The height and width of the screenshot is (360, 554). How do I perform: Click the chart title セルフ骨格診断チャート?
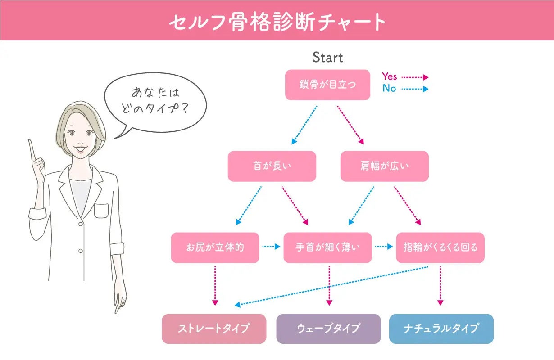point(277,22)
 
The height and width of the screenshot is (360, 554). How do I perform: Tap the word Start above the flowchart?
point(327,58)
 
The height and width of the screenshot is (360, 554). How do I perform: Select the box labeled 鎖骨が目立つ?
point(327,85)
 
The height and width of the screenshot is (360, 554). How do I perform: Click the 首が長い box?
point(272,166)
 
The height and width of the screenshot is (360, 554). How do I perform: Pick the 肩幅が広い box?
point(384,166)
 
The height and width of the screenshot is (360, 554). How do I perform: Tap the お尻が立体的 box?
point(215,247)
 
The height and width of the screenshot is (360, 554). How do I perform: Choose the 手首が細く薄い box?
point(327,247)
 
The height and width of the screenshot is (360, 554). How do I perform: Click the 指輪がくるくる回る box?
point(440,247)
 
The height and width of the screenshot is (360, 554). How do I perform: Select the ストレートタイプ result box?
point(213,328)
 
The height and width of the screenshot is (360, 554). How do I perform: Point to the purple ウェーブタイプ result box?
point(328,328)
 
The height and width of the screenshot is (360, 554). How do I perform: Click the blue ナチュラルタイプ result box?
point(441,328)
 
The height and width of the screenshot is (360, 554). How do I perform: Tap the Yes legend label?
point(389,76)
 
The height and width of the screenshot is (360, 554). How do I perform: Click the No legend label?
point(389,89)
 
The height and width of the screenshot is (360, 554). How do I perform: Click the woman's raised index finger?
point(31,148)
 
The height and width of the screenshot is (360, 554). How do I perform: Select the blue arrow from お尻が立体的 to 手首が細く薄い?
point(271,247)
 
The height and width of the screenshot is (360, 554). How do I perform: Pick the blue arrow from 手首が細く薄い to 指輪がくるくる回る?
point(384,247)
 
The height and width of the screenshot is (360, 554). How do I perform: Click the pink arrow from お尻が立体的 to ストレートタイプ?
point(215,286)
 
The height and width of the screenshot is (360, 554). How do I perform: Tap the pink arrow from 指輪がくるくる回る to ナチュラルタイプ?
point(440,286)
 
